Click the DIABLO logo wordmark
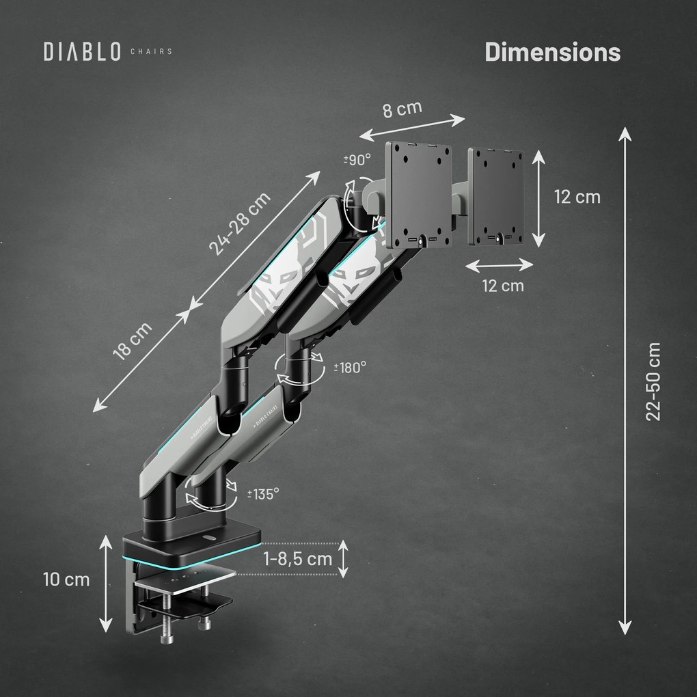click(82, 51)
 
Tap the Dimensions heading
click(552, 52)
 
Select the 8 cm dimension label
click(402, 110)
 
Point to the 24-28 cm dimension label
click(239, 223)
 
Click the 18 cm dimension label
click(133, 342)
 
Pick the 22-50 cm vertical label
click(654, 381)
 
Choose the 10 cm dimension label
click(66, 579)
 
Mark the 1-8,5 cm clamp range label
click(297, 559)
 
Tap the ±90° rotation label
click(357, 159)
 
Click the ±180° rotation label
click(350, 367)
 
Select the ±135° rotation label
click(262, 493)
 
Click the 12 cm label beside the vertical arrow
click(577, 197)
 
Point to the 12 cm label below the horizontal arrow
click(503, 285)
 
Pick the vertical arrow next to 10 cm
click(105, 584)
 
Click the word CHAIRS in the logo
click(150, 51)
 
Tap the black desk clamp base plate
click(191, 543)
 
